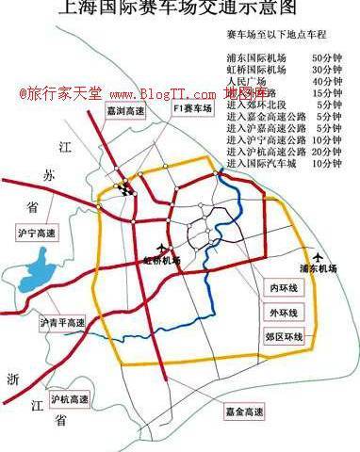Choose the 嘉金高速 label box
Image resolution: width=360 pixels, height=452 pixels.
(x=245, y=411)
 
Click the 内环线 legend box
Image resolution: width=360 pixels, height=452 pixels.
(x=283, y=286)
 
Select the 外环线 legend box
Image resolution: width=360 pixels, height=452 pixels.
(x=283, y=312)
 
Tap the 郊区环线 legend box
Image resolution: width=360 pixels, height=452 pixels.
(x=283, y=336)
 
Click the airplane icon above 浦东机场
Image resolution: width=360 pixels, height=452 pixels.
(x=321, y=255)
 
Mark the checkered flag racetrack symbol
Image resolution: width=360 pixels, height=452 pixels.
(x=124, y=186)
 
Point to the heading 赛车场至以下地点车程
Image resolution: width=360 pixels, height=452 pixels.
(x=283, y=36)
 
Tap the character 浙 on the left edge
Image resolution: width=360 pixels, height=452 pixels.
(x=11, y=379)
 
